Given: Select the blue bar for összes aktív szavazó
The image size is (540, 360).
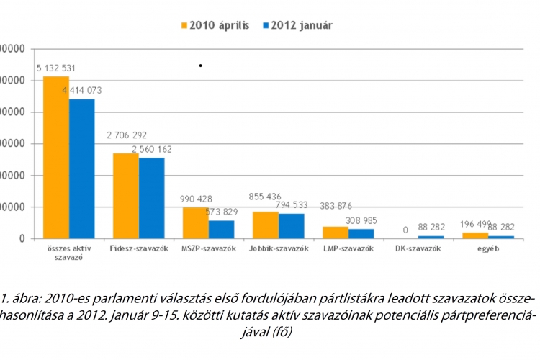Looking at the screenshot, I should tap(81, 168).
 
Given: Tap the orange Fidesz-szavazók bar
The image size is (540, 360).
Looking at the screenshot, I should tap(126, 195).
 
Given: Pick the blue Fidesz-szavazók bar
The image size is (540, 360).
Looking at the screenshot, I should tap(151, 197).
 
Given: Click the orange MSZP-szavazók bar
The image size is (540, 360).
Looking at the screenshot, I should tap(196, 222).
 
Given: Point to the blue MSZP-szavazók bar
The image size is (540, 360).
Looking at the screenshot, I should tap(221, 229).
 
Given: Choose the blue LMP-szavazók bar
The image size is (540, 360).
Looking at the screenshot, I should tap(361, 233).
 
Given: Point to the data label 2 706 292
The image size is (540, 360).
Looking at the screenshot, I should tap(127, 135).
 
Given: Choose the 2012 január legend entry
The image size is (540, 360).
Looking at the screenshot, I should tap(297, 25).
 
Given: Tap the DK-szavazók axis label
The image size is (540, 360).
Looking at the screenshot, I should tap(418, 248).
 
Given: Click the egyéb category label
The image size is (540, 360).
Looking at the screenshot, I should tap(487, 248).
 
